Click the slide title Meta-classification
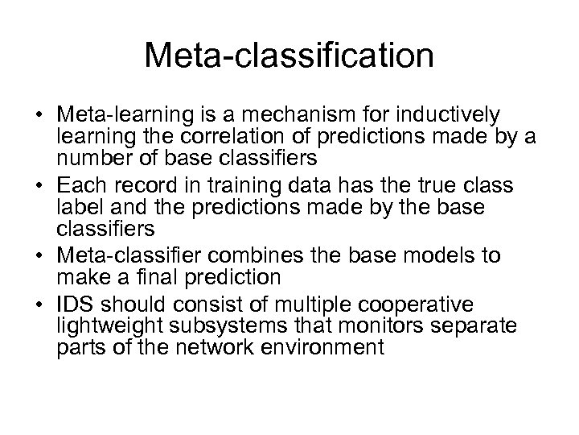pyautogui.click(x=289, y=56)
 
